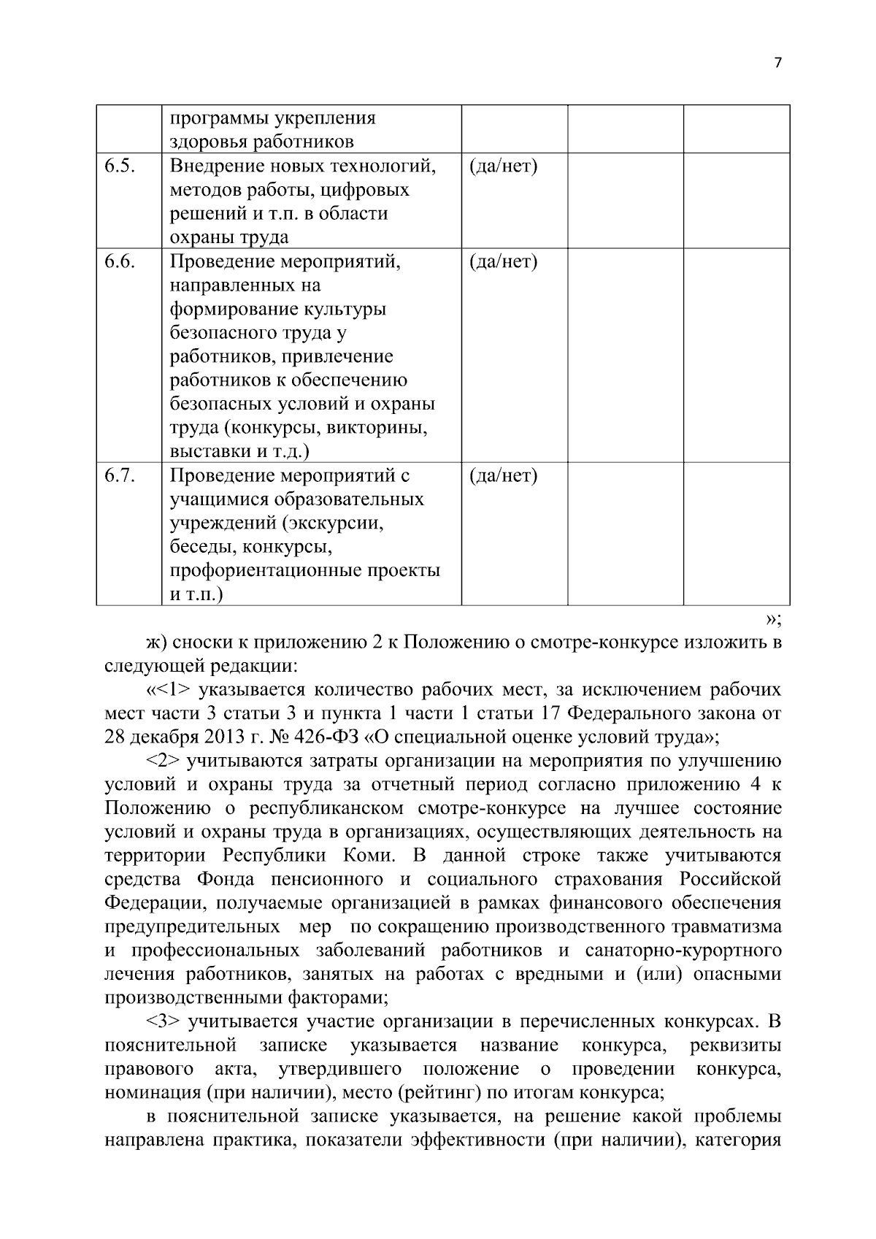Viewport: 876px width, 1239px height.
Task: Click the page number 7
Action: click(x=777, y=64)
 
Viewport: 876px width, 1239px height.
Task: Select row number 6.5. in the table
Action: click(x=119, y=166)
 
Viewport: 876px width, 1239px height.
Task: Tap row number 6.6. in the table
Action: click(x=119, y=261)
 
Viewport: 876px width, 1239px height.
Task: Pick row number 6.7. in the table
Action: click(x=119, y=476)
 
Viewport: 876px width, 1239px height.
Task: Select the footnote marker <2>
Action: click(x=164, y=762)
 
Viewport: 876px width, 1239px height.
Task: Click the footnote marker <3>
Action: click(x=164, y=1021)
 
